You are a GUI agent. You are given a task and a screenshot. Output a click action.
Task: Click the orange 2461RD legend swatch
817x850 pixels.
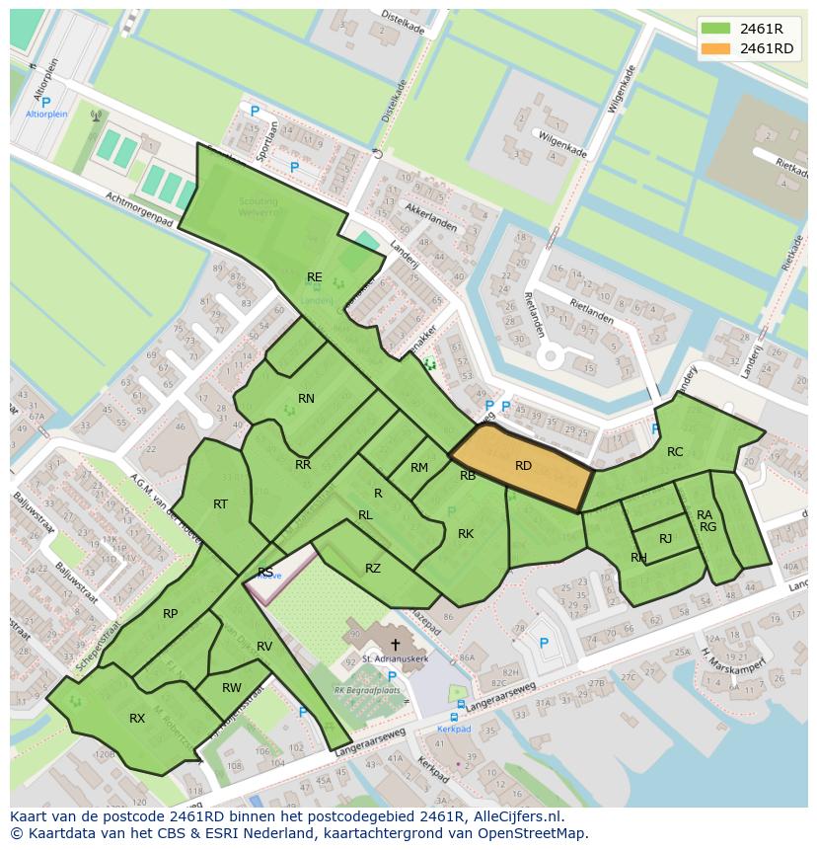point(716,48)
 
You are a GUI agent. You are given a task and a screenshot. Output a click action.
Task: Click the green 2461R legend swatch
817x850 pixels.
point(716,28)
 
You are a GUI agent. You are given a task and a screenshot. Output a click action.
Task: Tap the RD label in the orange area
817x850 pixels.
point(523,466)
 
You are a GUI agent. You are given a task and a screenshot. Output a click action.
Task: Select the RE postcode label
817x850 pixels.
point(314,277)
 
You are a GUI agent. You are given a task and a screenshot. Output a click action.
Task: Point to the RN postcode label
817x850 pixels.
point(306,399)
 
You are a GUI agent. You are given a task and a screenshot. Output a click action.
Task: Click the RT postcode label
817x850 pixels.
point(220,504)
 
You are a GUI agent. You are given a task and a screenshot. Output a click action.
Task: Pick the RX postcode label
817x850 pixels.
point(137,719)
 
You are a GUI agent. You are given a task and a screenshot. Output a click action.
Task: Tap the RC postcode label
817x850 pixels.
point(675,452)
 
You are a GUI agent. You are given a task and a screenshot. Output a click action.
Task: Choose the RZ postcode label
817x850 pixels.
point(372,569)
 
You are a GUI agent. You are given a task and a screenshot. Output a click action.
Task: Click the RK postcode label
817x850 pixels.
point(466,534)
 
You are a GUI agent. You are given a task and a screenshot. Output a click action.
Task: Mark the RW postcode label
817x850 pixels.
point(232,688)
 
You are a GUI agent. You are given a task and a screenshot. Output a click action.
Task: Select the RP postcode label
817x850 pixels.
point(171,614)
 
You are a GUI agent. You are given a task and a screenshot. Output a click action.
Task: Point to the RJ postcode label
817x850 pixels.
point(665,539)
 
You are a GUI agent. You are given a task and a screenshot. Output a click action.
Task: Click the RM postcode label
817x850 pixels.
point(419,468)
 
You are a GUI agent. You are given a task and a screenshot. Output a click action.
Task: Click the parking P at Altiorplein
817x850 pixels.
point(45,102)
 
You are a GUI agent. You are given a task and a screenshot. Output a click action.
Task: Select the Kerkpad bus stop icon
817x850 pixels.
point(455,717)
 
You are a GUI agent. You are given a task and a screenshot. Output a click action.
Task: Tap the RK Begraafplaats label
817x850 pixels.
point(367,691)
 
